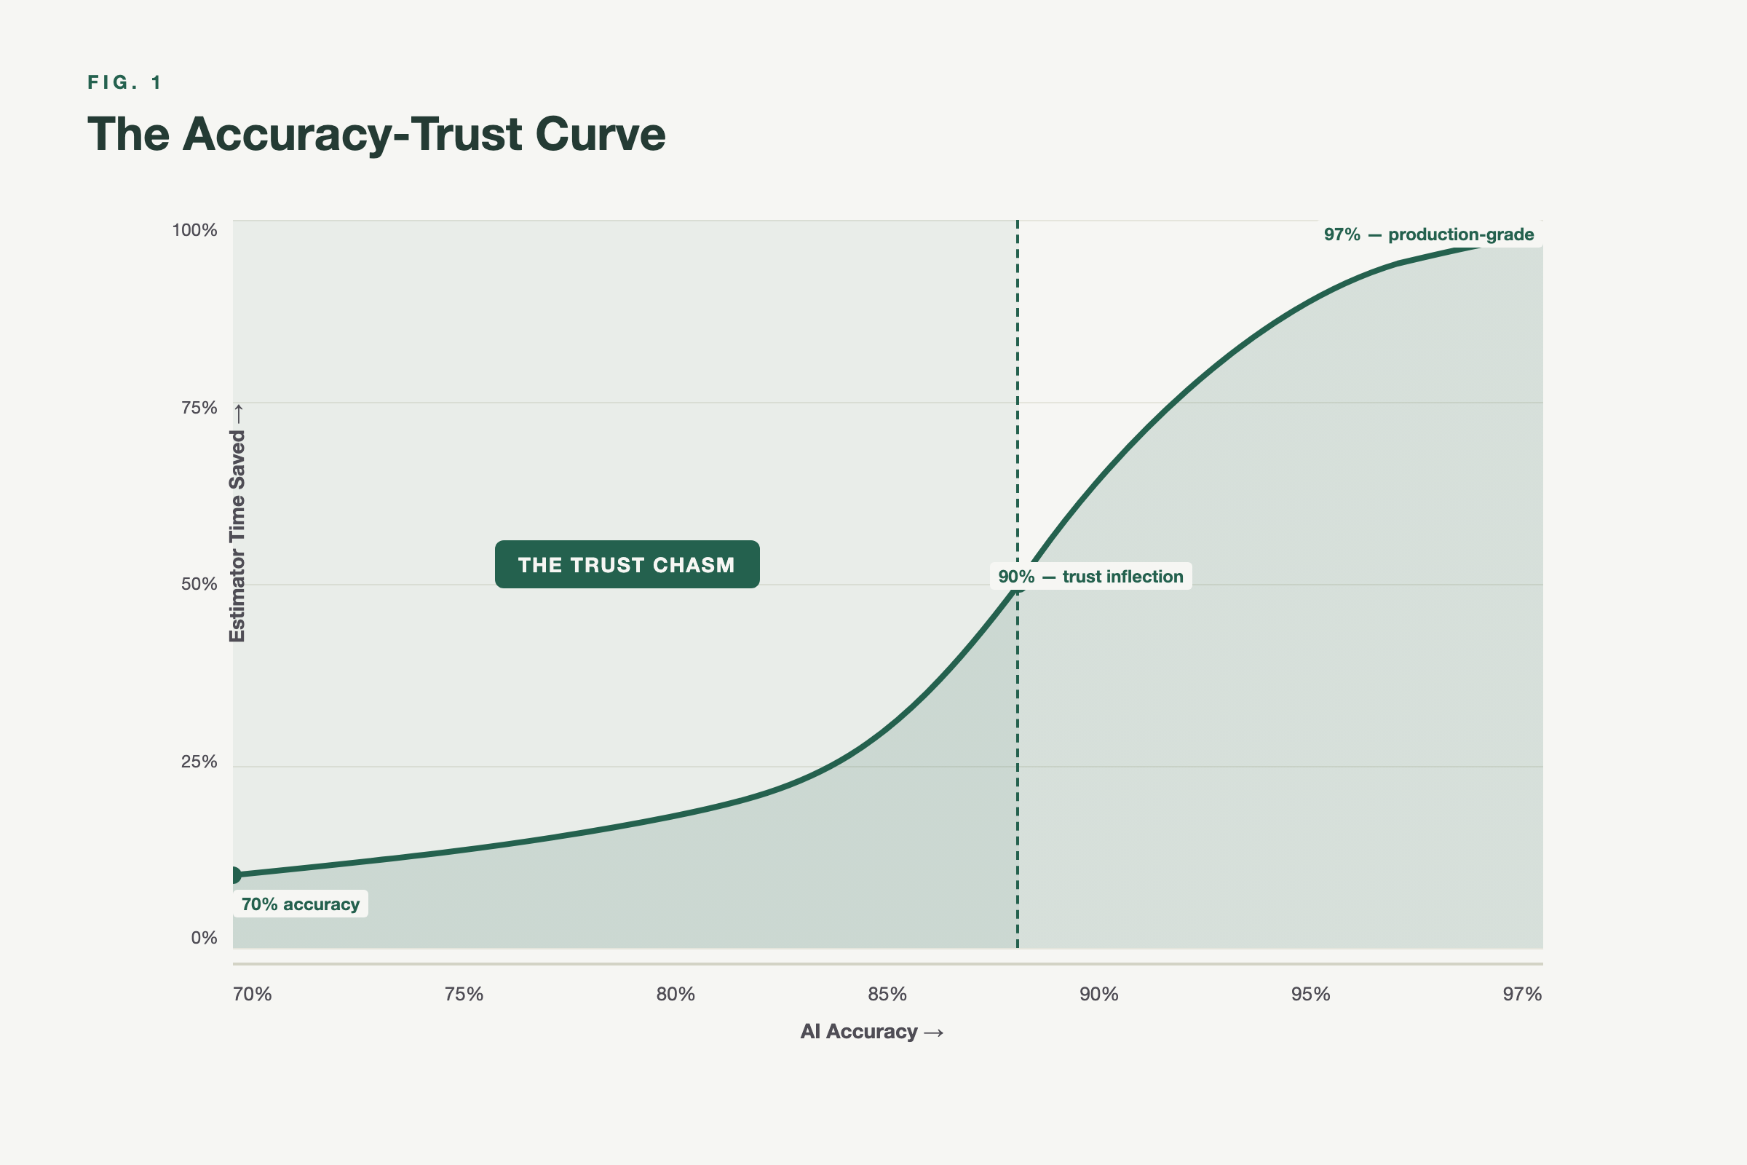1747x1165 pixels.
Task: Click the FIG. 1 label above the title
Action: coord(124,82)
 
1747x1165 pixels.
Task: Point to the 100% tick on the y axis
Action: coord(194,230)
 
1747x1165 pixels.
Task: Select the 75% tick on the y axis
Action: coord(199,408)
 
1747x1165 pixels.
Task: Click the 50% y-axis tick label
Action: coord(199,584)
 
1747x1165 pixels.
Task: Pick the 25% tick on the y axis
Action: coord(199,762)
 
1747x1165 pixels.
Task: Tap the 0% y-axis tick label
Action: coord(204,938)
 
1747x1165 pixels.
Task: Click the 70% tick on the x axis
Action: coord(253,994)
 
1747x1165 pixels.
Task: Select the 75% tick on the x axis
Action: coord(464,994)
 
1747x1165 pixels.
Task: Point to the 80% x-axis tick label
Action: coord(676,994)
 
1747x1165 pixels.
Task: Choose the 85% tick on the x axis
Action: coord(887,994)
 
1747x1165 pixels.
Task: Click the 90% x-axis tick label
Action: coord(1098,994)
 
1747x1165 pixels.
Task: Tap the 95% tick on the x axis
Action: coord(1310,994)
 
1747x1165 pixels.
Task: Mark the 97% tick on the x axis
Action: coord(1522,994)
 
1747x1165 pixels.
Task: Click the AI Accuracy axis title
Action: coord(871,1031)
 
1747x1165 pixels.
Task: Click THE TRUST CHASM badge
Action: coord(627,565)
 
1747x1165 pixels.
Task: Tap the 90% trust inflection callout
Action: coord(1090,577)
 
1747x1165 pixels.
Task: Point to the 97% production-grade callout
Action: coord(1428,234)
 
